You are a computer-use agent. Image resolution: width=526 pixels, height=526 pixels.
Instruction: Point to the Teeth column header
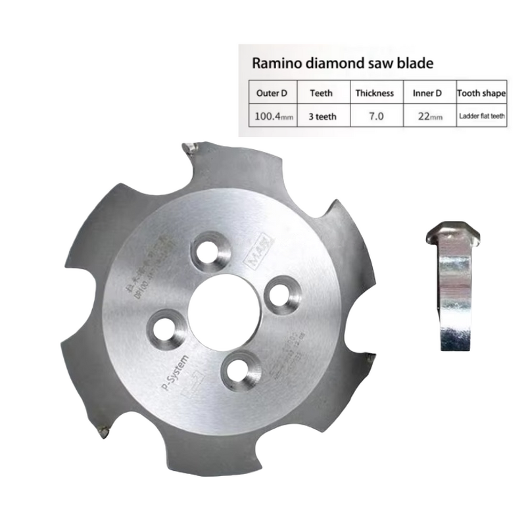point(322,93)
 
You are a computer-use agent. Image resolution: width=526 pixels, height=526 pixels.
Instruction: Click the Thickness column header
point(374,93)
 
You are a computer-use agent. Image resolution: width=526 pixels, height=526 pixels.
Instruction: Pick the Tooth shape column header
point(481,93)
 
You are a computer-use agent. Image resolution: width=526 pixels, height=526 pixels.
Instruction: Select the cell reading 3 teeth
point(322,116)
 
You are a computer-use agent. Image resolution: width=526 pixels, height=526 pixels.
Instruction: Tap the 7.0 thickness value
point(374,116)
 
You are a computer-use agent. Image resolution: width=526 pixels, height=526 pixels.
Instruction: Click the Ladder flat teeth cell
point(481,116)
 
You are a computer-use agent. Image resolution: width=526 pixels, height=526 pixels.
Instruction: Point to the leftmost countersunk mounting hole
point(160,327)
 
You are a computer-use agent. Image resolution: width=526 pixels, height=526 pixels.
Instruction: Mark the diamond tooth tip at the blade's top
point(190,148)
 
